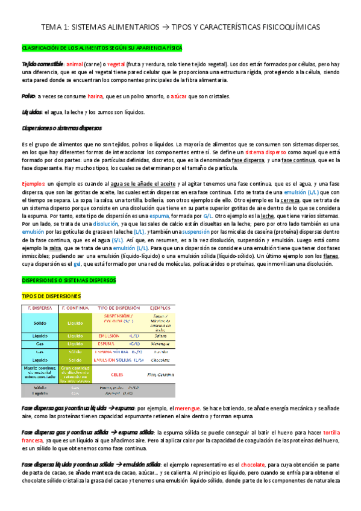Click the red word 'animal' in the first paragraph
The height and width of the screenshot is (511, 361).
point(75,63)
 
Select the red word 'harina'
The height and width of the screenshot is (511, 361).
point(95,96)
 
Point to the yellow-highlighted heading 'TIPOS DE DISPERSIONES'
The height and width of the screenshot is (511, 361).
point(51,296)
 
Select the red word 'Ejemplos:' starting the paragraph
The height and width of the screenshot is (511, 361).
point(33,183)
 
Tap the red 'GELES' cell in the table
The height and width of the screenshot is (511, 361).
point(117,374)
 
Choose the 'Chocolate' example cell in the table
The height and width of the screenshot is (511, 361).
point(160,360)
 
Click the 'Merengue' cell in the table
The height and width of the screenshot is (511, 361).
point(160,344)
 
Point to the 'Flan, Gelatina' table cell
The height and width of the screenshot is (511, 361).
point(160,374)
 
